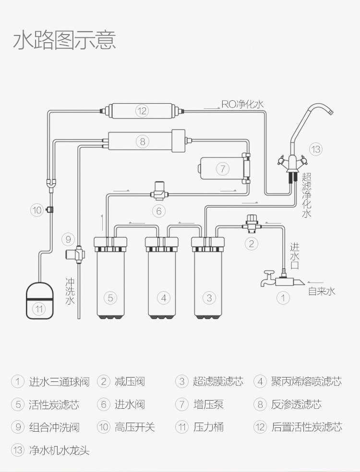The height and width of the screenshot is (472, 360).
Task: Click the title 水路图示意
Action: click(64, 40)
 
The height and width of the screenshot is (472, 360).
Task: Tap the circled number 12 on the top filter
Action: click(142, 111)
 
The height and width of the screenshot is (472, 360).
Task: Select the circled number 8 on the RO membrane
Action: click(142, 142)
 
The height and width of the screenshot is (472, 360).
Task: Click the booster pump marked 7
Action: click(221, 168)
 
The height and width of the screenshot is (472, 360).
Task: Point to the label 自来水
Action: click(321, 291)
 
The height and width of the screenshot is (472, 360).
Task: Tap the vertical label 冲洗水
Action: click(70, 291)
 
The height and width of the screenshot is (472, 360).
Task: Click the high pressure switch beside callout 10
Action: click(50, 209)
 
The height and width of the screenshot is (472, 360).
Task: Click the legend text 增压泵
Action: click(208, 404)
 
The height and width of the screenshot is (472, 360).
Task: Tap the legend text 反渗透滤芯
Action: click(296, 404)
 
